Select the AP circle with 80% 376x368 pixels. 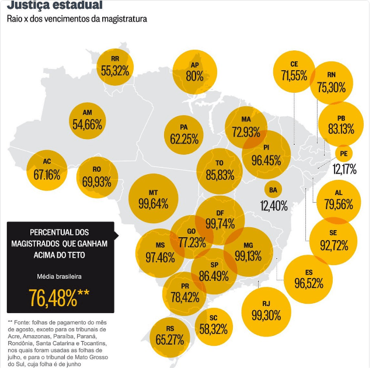click(x=194, y=71)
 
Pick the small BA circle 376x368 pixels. click(x=273, y=190)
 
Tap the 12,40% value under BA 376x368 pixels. click(x=274, y=206)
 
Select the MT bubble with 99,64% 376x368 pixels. click(x=153, y=199)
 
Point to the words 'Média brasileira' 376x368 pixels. click(x=60, y=275)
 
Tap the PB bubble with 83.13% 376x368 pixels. click(x=341, y=124)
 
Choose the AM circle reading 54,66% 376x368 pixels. click(x=88, y=119)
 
